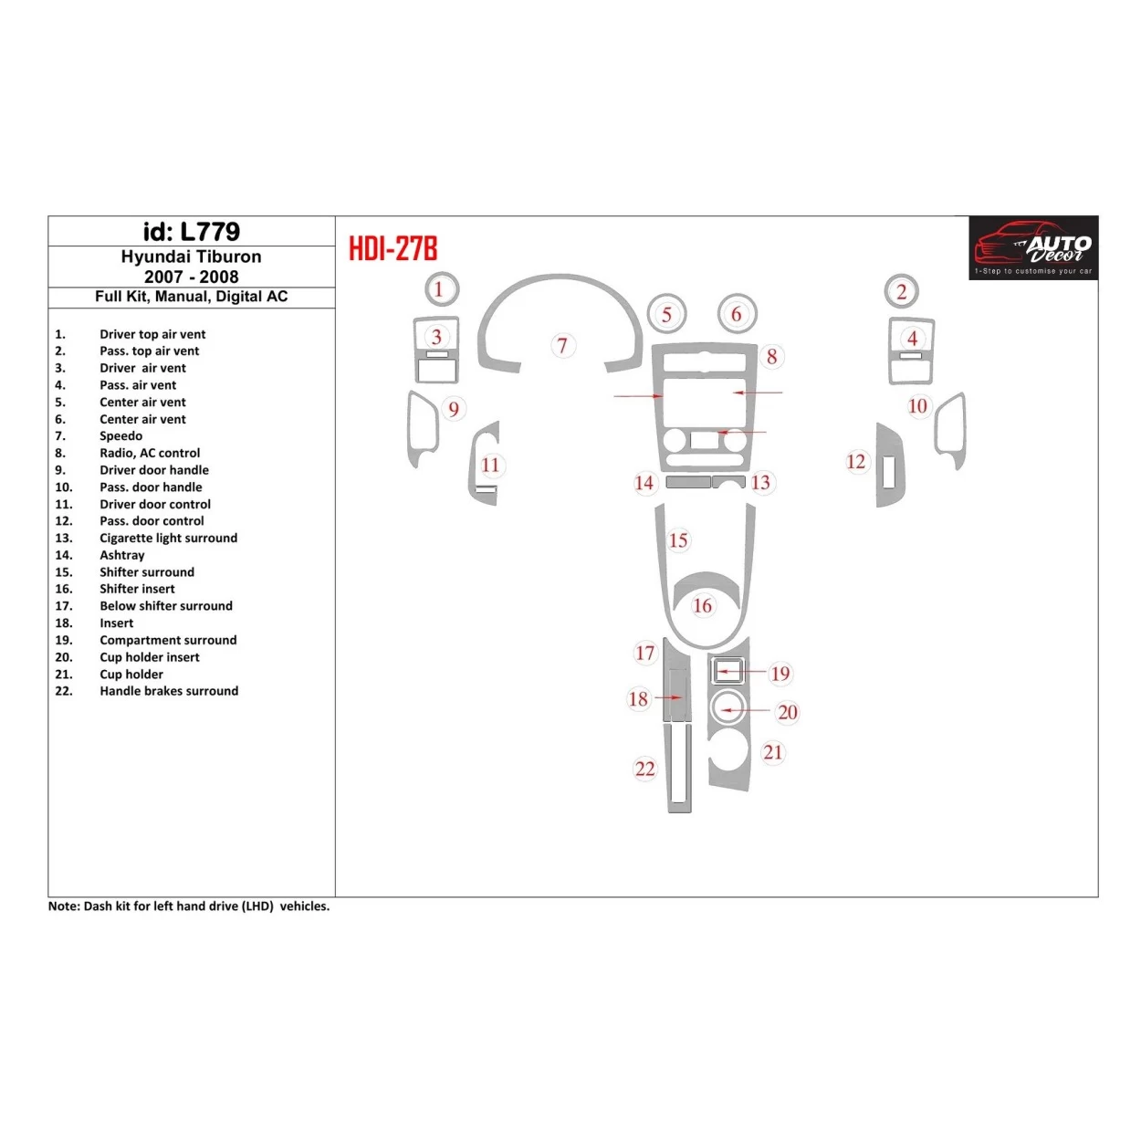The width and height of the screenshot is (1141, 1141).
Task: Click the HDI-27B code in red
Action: [x=393, y=248]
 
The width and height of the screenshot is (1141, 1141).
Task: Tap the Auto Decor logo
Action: [x=1033, y=247]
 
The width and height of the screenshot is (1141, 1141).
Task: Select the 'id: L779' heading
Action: [x=192, y=232]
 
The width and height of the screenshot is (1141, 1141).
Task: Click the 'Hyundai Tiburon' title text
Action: [x=191, y=257]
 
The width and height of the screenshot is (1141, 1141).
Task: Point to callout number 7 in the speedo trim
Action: [x=562, y=346]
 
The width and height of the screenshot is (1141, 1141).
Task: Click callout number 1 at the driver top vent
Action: [x=439, y=290]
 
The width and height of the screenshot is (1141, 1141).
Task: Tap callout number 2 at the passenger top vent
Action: [x=902, y=292]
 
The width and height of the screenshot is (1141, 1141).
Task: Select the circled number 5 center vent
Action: [x=667, y=315]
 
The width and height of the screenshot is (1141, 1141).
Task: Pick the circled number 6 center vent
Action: [x=737, y=315]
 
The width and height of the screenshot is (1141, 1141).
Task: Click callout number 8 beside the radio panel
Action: [x=772, y=357]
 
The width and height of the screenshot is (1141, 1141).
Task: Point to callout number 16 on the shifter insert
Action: [x=702, y=606]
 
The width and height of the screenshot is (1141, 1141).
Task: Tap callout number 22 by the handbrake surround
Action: [x=645, y=769]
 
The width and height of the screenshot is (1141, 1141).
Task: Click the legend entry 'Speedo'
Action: [x=120, y=436]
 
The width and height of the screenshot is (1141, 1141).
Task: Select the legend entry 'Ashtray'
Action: [x=122, y=555]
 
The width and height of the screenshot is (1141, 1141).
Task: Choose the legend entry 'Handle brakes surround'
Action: [x=169, y=691]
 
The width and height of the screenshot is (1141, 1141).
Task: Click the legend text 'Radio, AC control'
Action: [x=150, y=453]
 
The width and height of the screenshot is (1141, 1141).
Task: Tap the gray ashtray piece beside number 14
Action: [x=688, y=482]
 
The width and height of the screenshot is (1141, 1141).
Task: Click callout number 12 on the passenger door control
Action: [x=856, y=462]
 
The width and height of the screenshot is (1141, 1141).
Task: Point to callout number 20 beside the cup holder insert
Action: [x=788, y=712]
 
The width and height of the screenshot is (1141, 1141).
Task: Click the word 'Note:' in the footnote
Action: [x=64, y=906]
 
